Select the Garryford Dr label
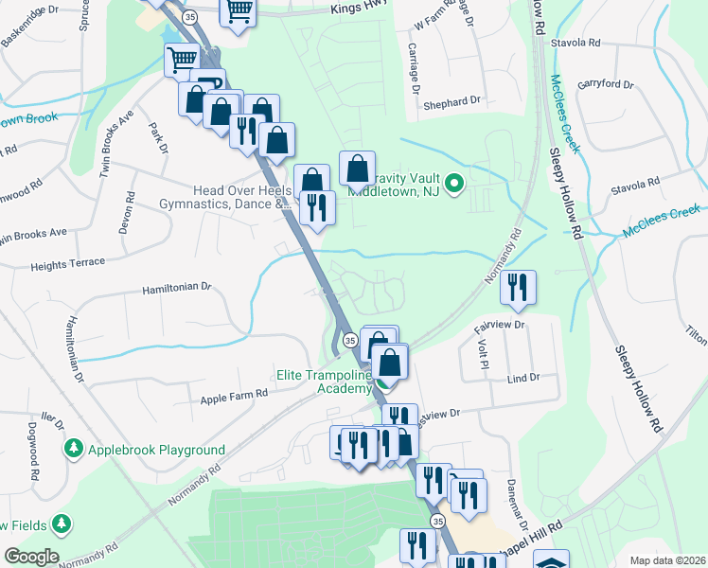click(x=605, y=83)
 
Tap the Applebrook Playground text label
click(x=156, y=450)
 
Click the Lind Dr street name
click(x=522, y=377)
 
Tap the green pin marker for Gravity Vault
click(x=453, y=183)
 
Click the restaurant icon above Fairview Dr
click(x=517, y=287)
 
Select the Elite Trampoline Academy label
click(x=323, y=382)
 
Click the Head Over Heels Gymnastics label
click(x=240, y=197)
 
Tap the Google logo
click(x=31, y=557)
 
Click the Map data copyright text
click(x=668, y=560)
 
